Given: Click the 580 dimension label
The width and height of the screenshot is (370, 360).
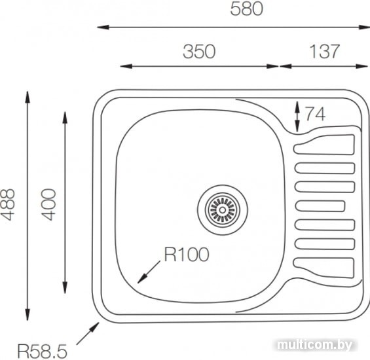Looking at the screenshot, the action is (x=246, y=9).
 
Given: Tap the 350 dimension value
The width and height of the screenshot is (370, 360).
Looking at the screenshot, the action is (x=199, y=52).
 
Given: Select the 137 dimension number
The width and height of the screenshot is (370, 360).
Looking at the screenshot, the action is (x=324, y=52).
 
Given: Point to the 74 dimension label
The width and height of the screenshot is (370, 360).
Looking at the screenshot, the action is (x=316, y=114).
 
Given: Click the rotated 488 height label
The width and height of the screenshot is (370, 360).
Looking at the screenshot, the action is (x=8, y=204).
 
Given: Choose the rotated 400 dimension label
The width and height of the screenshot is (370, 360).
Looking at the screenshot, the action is (x=48, y=204).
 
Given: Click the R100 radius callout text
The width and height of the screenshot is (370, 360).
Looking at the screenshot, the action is (x=187, y=255).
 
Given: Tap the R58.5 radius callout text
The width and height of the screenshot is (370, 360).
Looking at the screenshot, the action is (x=43, y=351).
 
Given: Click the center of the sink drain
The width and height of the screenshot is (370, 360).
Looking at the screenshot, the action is (x=223, y=209).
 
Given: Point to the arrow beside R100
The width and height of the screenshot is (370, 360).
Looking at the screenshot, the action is (x=149, y=272).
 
